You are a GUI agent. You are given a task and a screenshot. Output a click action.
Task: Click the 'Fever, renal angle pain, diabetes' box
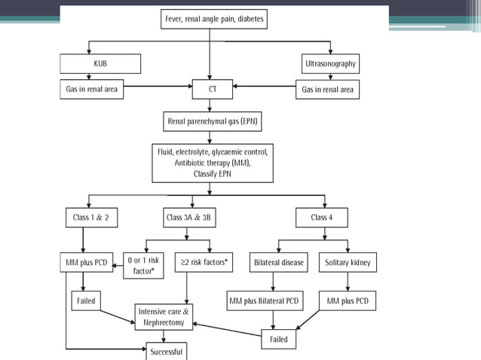214,18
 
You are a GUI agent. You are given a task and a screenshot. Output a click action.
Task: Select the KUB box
100,64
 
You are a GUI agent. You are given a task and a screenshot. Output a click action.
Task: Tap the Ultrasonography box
328,64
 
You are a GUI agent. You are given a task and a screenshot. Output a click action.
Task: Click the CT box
213,90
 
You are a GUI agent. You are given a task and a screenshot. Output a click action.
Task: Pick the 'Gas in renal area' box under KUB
93,90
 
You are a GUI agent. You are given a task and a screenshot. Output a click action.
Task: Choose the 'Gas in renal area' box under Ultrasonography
327,90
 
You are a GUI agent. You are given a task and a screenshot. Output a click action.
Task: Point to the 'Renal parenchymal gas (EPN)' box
214,121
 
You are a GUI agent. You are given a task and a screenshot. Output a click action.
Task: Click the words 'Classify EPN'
214,173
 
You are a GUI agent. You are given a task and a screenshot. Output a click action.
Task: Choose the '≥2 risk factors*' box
205,263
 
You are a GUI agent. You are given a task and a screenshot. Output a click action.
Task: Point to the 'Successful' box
164,351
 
